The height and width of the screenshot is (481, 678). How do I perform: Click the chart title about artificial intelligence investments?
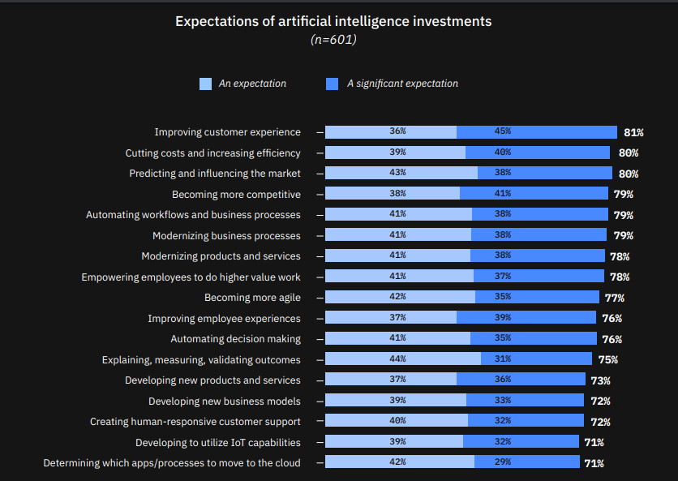[333, 21]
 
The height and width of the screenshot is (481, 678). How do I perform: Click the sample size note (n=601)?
[333, 39]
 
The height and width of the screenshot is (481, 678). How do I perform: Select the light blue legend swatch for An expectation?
[205, 84]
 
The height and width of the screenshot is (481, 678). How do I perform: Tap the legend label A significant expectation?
[402, 84]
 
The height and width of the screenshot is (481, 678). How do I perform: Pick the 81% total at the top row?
[633, 132]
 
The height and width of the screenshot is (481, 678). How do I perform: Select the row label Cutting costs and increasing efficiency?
[212, 152]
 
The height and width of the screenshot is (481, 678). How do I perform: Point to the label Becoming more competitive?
[236, 194]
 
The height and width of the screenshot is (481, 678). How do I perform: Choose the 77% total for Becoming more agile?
[614, 298]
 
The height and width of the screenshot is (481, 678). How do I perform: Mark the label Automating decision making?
[235, 338]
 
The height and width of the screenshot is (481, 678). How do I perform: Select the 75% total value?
[608, 359]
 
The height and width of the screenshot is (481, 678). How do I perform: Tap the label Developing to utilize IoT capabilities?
[218, 442]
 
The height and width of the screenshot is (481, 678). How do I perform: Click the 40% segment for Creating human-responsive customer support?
[397, 421]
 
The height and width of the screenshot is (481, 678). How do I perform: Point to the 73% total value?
[600, 380]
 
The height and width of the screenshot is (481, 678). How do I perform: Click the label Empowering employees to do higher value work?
[191, 277]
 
